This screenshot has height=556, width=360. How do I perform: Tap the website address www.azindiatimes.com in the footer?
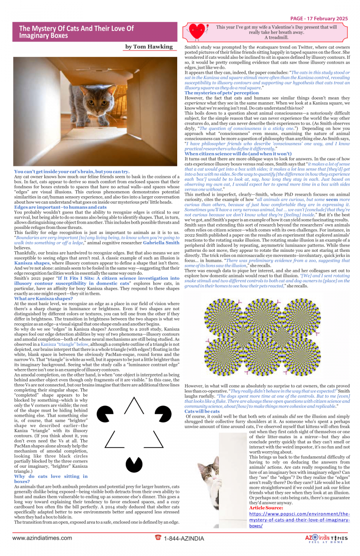pyautogui.click(x=39, y=538)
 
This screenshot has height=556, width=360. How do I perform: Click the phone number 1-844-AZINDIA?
pyautogui.click(x=184, y=539)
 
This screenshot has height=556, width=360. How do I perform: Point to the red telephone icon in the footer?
pyautogui.click(x=158, y=538)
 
